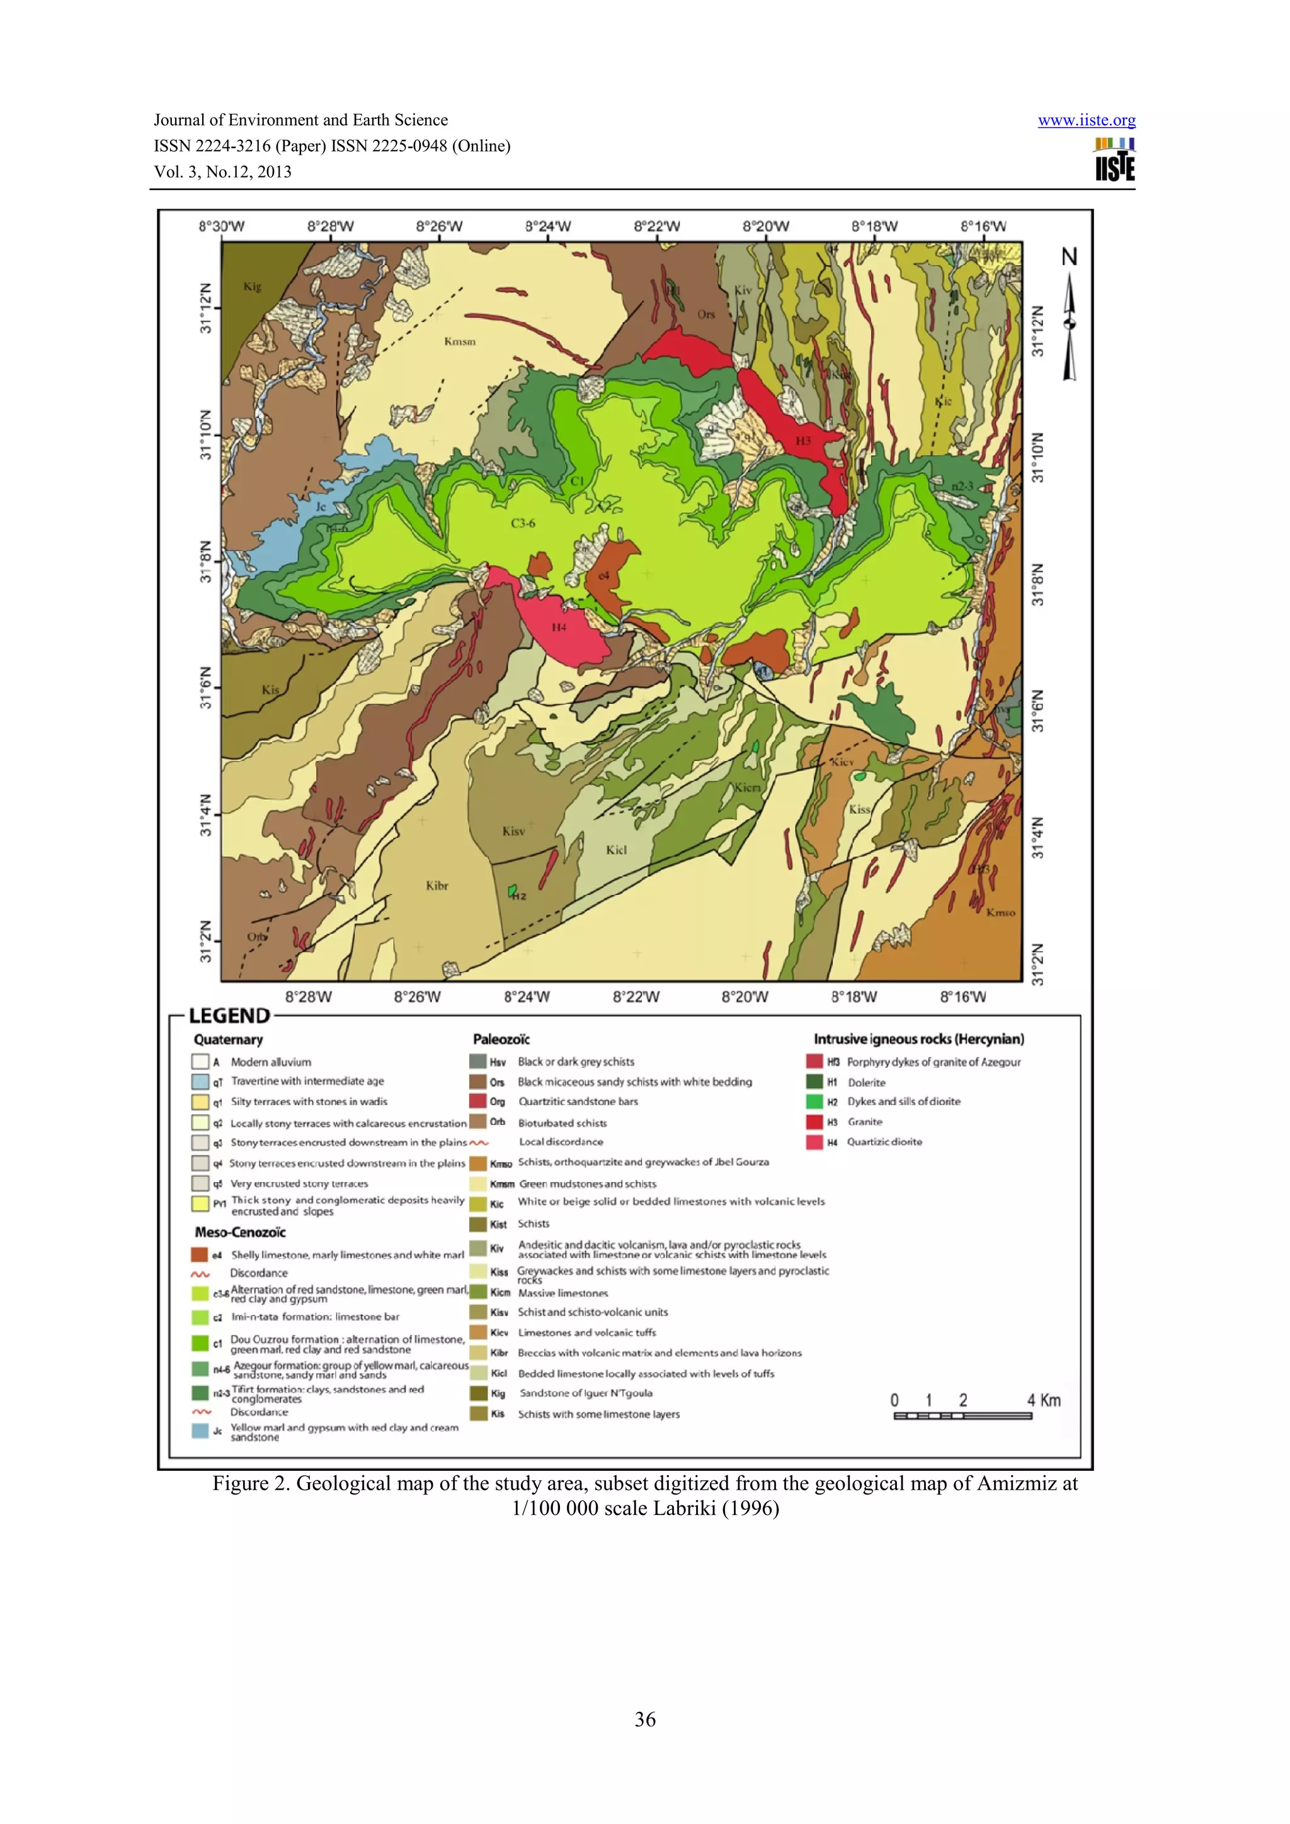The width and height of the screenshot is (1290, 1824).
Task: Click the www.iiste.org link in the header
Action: tap(1086, 121)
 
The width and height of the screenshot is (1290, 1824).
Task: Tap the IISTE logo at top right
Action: tap(1114, 160)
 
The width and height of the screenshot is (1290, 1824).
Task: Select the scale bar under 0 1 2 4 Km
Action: tap(962, 1416)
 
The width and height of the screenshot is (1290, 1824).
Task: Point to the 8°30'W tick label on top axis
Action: tap(221, 227)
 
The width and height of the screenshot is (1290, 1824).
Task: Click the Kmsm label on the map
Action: tap(459, 342)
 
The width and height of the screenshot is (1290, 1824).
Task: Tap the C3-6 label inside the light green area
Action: tap(523, 524)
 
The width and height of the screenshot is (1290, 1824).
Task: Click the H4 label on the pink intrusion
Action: tap(559, 628)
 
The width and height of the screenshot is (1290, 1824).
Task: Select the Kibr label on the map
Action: tap(437, 886)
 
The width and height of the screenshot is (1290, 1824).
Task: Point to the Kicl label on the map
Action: tap(616, 850)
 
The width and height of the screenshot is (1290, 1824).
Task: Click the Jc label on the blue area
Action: tap(321, 507)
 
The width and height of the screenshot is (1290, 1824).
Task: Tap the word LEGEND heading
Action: tap(229, 1016)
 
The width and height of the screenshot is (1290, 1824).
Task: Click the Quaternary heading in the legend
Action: tap(228, 1039)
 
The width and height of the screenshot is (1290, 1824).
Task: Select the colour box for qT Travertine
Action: tap(200, 1082)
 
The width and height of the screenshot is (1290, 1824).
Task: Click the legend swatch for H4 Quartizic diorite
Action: tap(814, 1142)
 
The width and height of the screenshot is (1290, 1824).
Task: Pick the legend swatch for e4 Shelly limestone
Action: tap(200, 1255)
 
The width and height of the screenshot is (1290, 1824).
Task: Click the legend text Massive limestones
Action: tap(562, 1293)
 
